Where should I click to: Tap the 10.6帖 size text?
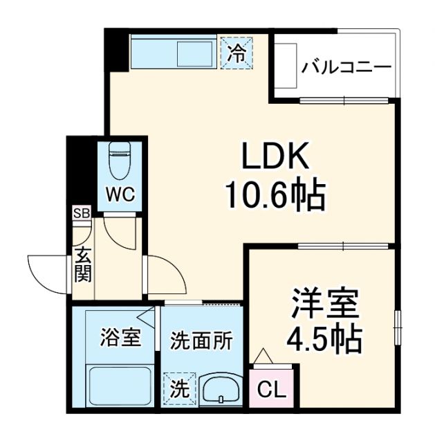[x=273, y=197]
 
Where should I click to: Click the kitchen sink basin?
[x=196, y=54]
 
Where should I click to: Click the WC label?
[x=120, y=193]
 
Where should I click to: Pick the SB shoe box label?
[x=82, y=213]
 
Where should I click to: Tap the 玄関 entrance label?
[x=82, y=264]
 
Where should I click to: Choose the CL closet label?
[x=272, y=390]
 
